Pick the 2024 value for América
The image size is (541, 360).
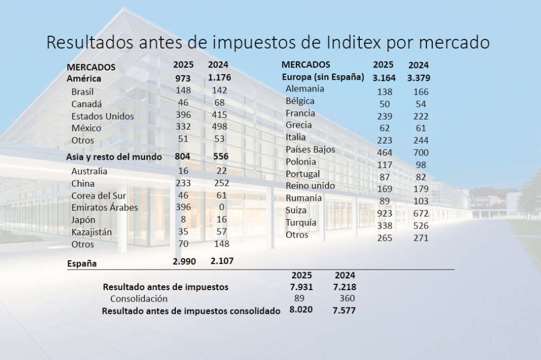(219, 77)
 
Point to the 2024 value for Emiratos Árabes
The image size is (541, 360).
(221, 207)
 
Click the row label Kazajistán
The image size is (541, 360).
(91, 232)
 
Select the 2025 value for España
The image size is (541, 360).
(186, 261)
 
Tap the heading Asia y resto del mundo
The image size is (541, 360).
(114, 157)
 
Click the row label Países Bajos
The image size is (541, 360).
(311, 149)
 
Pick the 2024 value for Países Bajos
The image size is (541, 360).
(418, 153)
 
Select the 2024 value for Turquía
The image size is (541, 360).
(418, 224)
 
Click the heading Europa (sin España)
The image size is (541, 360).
(323, 77)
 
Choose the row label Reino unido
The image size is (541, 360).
(311, 186)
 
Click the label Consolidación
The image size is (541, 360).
(139, 299)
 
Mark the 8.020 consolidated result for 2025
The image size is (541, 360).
(301, 311)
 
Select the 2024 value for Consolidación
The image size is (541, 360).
(345, 298)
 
